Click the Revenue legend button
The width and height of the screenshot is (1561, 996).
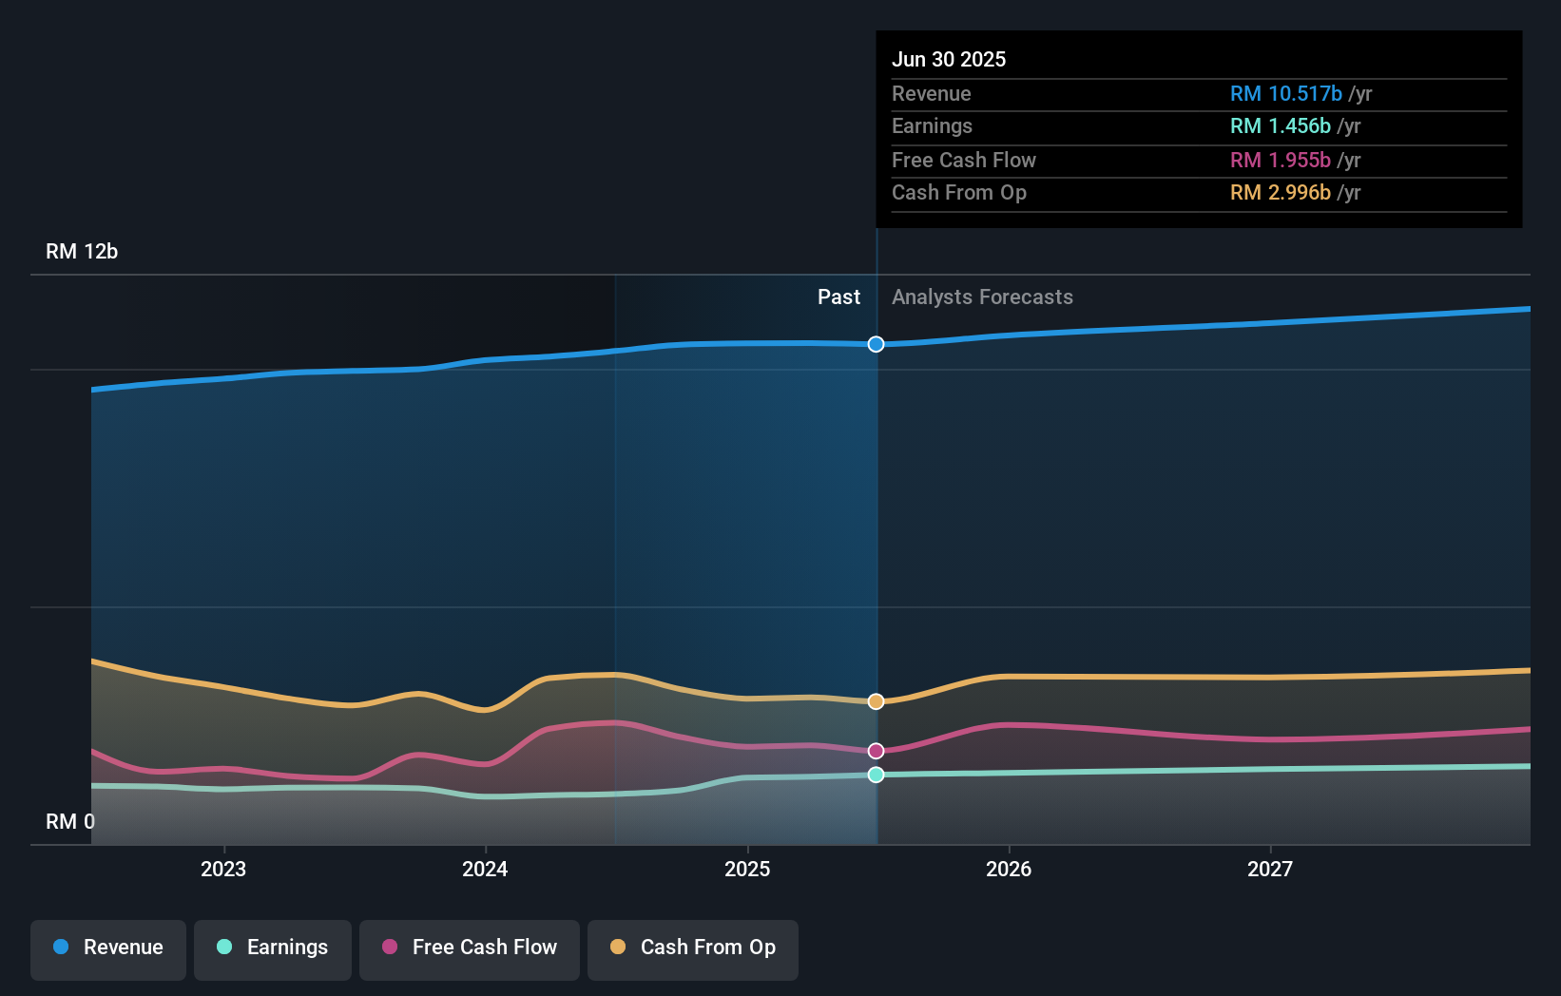[x=108, y=948]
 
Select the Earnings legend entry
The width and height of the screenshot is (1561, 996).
[x=273, y=948]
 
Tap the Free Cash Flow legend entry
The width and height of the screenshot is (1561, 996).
[x=470, y=948]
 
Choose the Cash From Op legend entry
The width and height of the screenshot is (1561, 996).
[x=693, y=948]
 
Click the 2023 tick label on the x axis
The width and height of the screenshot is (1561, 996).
[x=223, y=869]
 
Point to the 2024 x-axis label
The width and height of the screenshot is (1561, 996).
[x=485, y=869]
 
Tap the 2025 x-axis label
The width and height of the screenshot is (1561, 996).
[x=747, y=869]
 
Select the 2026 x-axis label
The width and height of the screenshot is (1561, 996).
[x=1009, y=869]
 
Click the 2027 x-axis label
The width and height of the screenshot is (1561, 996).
[x=1270, y=869]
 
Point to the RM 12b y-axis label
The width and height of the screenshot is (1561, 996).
[x=82, y=252]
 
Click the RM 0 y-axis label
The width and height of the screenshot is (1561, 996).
[x=70, y=821]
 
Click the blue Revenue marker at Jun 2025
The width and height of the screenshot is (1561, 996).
[x=877, y=344]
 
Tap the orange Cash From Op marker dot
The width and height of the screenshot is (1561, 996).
[x=877, y=701]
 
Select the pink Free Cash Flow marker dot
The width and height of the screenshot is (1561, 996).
[x=877, y=751]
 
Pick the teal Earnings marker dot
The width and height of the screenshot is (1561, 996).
[x=877, y=775]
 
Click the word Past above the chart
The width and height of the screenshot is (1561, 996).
[x=838, y=297]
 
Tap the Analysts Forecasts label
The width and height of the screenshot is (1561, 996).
[x=982, y=297]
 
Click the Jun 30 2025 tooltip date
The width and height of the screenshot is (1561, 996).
[x=949, y=59]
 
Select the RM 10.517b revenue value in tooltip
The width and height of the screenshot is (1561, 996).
[x=1285, y=93]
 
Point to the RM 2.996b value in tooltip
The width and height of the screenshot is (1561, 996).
[x=1280, y=192]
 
